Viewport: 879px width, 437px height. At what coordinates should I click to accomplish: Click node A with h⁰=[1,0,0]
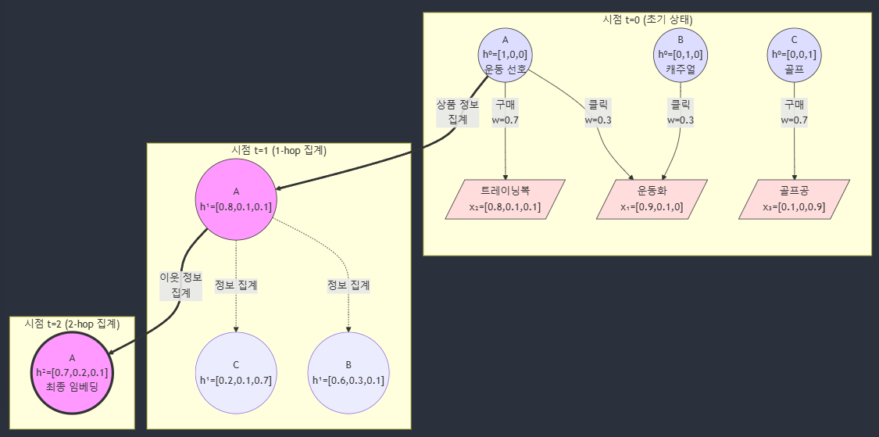click(x=505, y=55)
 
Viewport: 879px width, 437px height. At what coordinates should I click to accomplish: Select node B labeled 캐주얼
click(x=681, y=55)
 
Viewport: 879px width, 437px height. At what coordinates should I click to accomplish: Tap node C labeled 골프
click(x=794, y=55)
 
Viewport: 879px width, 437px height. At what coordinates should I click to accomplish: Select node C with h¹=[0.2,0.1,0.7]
click(x=236, y=372)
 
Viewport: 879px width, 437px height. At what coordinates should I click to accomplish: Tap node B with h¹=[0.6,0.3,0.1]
click(x=348, y=372)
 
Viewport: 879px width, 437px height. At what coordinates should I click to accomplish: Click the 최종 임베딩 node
click(x=73, y=372)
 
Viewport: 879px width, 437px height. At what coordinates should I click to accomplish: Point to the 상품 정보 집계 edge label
click(x=457, y=112)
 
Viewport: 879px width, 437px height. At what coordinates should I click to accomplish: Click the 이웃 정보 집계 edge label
click(x=181, y=285)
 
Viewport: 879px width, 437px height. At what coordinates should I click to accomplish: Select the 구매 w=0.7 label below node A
click(x=506, y=112)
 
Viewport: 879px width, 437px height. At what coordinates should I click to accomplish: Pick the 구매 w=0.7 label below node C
click(x=794, y=112)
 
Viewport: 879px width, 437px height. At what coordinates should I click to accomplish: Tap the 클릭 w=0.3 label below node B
click(x=681, y=112)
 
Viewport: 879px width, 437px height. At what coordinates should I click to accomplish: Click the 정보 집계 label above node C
click(x=236, y=285)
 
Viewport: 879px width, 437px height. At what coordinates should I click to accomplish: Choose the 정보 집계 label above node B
click(x=348, y=285)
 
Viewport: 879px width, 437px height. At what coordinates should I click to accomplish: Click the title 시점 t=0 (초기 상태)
click(x=647, y=20)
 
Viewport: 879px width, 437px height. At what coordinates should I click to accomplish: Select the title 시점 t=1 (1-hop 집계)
click(x=279, y=150)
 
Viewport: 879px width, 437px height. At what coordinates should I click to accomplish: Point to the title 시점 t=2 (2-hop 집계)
click(x=73, y=323)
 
